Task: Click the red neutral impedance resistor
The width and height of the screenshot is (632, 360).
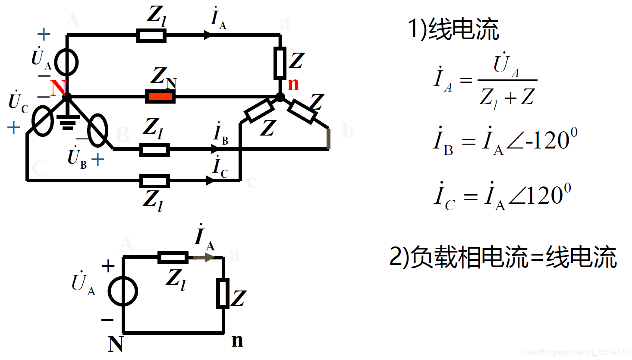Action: (160, 96)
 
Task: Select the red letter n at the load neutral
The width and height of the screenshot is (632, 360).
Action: (293, 84)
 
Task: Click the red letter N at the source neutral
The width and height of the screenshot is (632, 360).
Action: (58, 88)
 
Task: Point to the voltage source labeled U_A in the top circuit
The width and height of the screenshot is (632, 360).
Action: (67, 62)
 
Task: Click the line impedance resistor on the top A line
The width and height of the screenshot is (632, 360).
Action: (151, 35)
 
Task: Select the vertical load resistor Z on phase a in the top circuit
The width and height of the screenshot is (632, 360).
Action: (280, 63)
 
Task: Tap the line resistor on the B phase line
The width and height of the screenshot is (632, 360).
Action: (154, 149)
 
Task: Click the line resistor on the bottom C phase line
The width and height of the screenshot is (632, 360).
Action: (154, 180)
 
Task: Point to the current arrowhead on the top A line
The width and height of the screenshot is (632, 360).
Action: (208, 35)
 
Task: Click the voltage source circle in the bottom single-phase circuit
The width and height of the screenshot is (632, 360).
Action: (123, 291)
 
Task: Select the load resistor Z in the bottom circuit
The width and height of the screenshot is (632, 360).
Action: (223, 294)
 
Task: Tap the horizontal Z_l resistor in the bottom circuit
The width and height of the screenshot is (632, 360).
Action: (173, 258)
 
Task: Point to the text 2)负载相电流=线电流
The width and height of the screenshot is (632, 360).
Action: (503, 257)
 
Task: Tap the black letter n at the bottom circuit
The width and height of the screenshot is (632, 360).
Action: (237, 340)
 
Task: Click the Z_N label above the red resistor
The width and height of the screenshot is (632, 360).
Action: (163, 77)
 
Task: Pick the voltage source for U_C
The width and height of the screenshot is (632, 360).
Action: (42, 121)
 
